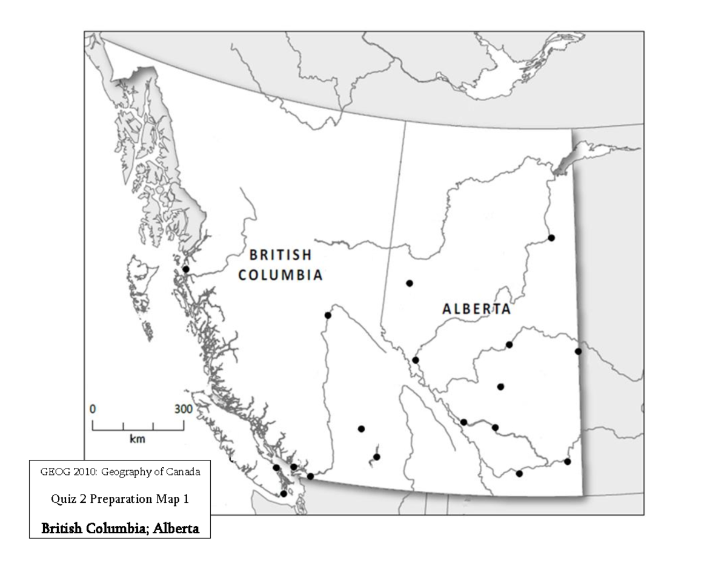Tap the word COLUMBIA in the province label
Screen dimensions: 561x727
tap(279, 275)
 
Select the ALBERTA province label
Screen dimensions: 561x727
tap(476, 309)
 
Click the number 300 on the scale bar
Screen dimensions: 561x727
tap(184, 408)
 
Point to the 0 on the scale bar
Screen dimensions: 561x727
tap(93, 408)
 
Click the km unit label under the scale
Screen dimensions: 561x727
tap(138, 439)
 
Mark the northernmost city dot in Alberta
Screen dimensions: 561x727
tap(551, 238)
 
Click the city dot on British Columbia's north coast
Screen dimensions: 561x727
tap(186, 269)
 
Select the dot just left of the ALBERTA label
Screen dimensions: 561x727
tap(410, 283)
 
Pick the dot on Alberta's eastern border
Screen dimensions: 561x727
tap(578, 351)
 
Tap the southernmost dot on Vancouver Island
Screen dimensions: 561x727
tap(284, 494)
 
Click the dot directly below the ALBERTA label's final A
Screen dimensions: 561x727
tap(510, 345)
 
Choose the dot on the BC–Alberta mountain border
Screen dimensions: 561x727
tap(416, 360)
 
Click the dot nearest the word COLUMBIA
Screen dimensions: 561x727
tap(328, 315)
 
